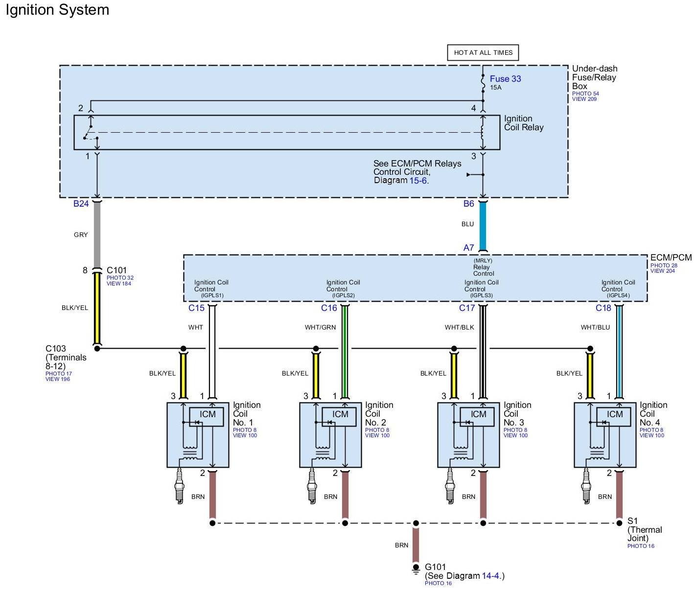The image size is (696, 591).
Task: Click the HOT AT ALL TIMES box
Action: tap(483, 53)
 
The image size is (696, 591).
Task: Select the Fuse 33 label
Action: tap(505, 79)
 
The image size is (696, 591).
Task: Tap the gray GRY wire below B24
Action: tap(97, 235)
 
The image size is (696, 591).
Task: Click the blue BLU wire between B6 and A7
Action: tap(483, 225)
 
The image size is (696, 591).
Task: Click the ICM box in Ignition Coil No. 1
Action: tap(208, 414)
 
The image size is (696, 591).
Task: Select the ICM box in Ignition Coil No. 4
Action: tap(615, 414)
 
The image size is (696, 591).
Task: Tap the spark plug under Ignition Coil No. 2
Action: tap(312, 485)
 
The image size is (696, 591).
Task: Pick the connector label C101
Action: tap(116, 270)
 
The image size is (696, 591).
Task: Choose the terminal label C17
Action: tap(467, 308)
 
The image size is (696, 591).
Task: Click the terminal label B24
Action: tap(81, 204)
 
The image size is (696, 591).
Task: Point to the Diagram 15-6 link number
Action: tap(418, 181)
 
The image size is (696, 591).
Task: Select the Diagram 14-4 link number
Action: tap(491, 576)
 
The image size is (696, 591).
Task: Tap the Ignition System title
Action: tap(57, 10)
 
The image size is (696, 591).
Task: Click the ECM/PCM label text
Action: tap(671, 258)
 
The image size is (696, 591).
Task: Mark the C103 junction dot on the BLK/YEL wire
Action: tap(97, 348)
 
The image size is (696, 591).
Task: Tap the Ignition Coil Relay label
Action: tap(524, 123)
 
